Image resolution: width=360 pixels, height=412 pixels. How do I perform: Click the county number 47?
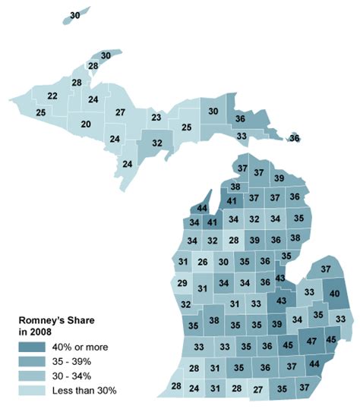pyautogui.click(x=311, y=341)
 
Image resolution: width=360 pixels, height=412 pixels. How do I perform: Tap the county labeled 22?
pyautogui.click(x=52, y=96)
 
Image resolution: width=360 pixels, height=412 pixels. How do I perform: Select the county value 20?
pyautogui.click(x=86, y=124)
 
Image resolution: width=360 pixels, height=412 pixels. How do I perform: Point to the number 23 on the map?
pyautogui.click(x=156, y=118)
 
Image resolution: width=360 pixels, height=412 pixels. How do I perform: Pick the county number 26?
pyautogui.click(x=202, y=263)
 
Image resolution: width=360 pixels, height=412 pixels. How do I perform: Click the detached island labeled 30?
pyautogui.click(x=74, y=15)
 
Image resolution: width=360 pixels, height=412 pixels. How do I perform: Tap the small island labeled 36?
pyautogui.click(x=294, y=138)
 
